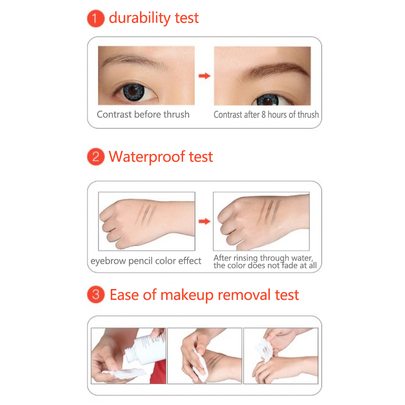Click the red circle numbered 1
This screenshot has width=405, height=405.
tap(96, 18)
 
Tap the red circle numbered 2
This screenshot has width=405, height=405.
tap(96, 156)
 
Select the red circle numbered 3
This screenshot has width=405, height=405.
tap(96, 294)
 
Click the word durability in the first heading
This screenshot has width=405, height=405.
tap(139, 18)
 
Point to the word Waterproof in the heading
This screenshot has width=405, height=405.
tap(147, 157)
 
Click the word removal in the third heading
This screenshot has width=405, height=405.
tap(244, 295)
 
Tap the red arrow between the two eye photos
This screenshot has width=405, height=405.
tap(204, 76)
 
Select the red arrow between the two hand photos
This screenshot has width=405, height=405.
tap(204, 221)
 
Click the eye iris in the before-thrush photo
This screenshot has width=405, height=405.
tap(133, 92)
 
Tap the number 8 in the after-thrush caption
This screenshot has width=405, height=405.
tap(264, 115)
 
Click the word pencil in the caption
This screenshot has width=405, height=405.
tap(141, 261)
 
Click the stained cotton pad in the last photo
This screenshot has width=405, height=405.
tap(265, 350)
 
